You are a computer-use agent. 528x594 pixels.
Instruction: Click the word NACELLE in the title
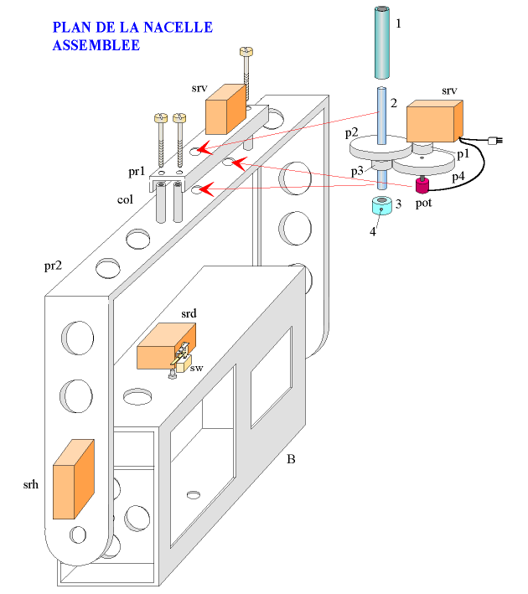[176, 28]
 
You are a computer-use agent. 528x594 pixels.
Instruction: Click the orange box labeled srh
[75, 480]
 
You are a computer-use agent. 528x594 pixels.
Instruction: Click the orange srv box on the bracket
[225, 109]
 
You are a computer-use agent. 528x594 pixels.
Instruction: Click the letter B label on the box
[291, 459]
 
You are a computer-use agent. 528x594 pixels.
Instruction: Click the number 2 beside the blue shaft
[392, 103]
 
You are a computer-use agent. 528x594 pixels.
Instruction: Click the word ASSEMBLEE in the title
[96, 45]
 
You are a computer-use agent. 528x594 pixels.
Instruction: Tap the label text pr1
[137, 172]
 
